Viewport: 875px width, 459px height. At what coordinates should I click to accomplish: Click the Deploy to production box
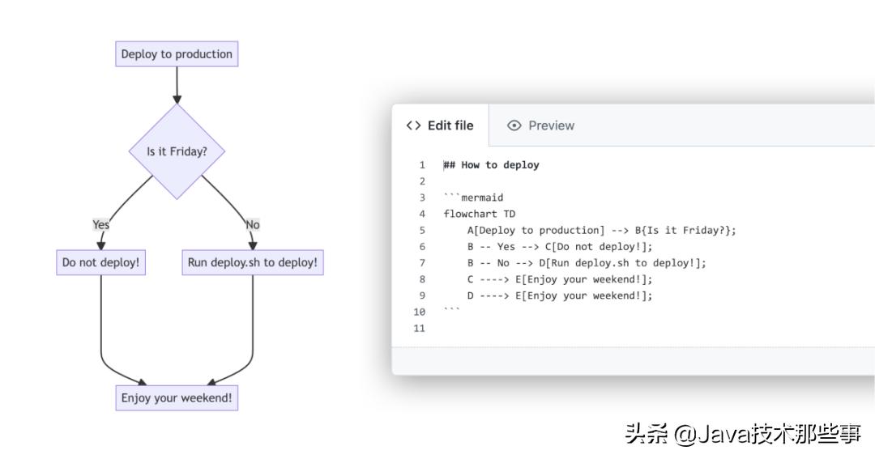[x=177, y=54]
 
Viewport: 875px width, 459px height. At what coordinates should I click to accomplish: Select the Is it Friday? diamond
[x=177, y=151]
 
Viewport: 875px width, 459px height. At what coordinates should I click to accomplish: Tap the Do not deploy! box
[x=100, y=263]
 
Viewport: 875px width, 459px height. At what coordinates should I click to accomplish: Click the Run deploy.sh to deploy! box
[x=252, y=263]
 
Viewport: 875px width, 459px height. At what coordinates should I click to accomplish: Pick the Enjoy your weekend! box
[x=177, y=397]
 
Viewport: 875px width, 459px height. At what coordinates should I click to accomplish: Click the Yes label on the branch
[x=100, y=225]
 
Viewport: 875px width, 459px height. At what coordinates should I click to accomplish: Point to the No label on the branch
[x=252, y=225]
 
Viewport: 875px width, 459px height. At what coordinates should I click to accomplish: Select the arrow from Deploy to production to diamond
[x=177, y=85]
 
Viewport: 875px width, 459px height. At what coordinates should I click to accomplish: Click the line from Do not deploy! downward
[x=101, y=324]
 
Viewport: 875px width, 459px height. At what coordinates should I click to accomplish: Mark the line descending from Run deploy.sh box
[x=252, y=324]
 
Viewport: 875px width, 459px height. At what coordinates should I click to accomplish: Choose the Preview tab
[x=551, y=125]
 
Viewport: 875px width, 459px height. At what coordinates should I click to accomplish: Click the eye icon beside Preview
[x=514, y=125]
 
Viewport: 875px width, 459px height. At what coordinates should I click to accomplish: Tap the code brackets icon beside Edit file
[x=414, y=125]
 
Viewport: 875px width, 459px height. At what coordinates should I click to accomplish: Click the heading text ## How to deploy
[x=491, y=165]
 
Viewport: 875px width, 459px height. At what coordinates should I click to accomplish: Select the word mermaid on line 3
[x=482, y=198]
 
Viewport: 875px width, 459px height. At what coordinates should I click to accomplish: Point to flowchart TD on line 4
[x=479, y=214]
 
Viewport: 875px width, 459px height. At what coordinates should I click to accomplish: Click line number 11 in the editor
[x=419, y=328]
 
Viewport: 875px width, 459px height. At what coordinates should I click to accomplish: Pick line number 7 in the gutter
[x=422, y=263]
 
